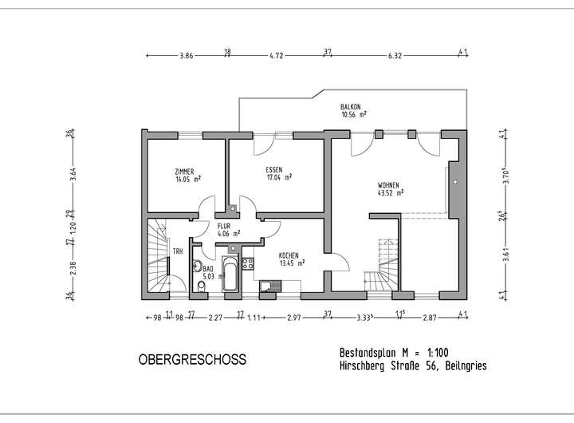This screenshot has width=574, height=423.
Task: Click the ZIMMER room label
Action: [184, 172]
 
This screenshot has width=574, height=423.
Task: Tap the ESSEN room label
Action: [276, 171]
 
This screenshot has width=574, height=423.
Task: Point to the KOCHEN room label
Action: [289, 255]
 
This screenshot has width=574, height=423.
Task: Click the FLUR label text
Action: [224, 227]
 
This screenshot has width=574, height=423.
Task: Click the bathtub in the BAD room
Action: [230, 274]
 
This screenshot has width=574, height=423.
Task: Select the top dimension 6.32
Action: [394, 56]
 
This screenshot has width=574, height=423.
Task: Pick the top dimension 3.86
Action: [187, 56]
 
